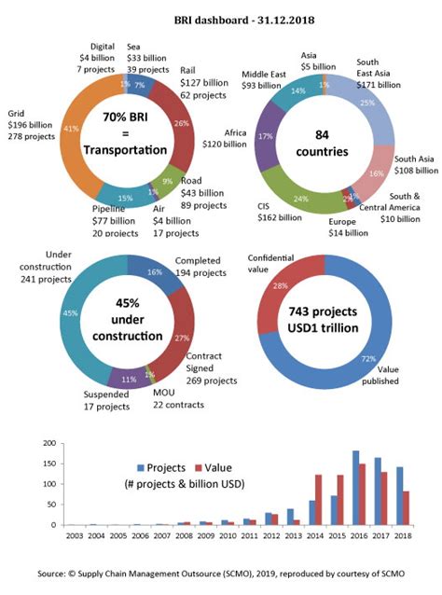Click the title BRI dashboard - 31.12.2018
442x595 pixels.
point(221,19)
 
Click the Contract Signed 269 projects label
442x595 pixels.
point(210,368)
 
